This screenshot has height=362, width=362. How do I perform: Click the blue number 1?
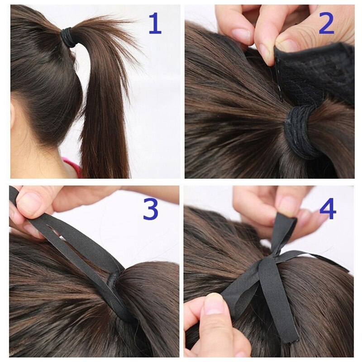tap(155, 25)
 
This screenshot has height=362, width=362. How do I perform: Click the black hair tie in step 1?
tap(69, 38)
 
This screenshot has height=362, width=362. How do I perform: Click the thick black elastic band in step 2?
tap(301, 131)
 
